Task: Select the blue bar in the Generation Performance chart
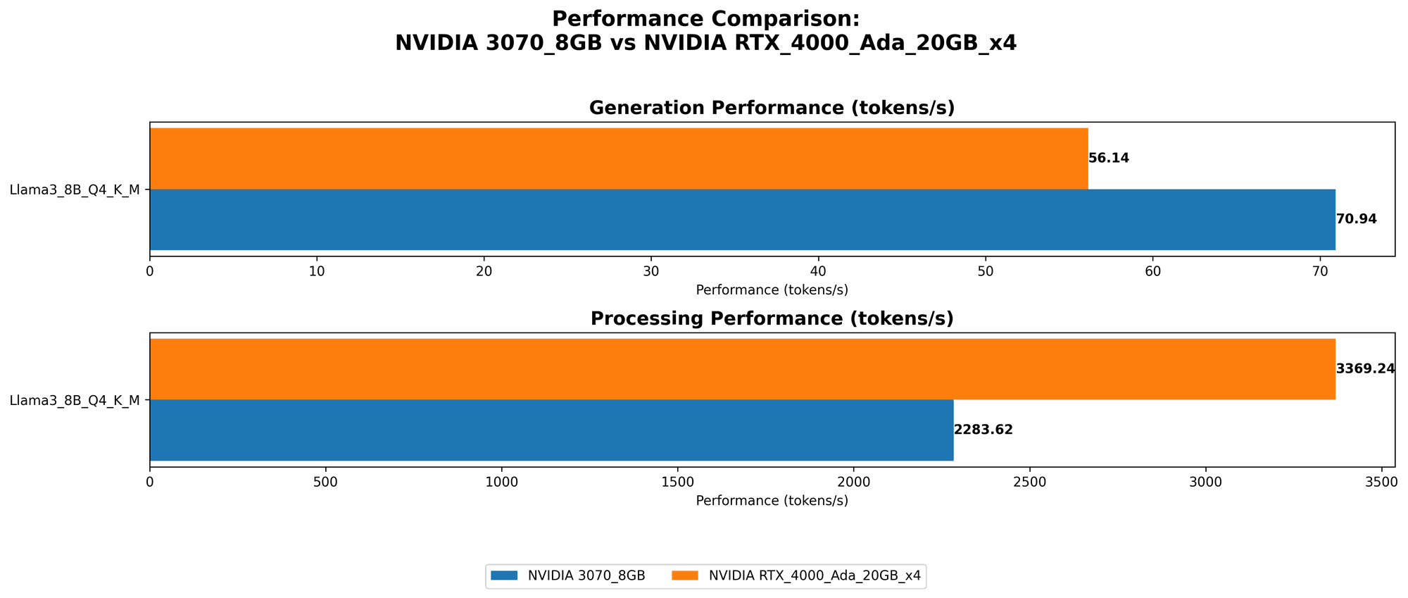(x=742, y=219)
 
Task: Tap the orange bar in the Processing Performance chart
(x=742, y=369)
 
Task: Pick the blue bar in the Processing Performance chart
(x=551, y=430)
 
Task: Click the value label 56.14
(x=1109, y=158)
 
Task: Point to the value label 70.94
(x=1356, y=219)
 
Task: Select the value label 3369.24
(x=1365, y=369)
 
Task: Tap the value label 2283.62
(x=983, y=430)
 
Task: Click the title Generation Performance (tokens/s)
(x=772, y=108)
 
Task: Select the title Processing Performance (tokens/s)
(x=772, y=318)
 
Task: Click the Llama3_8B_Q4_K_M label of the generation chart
(x=75, y=189)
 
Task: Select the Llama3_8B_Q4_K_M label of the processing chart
(x=75, y=400)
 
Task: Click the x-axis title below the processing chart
(x=772, y=501)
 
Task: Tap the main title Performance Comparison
(x=705, y=19)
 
